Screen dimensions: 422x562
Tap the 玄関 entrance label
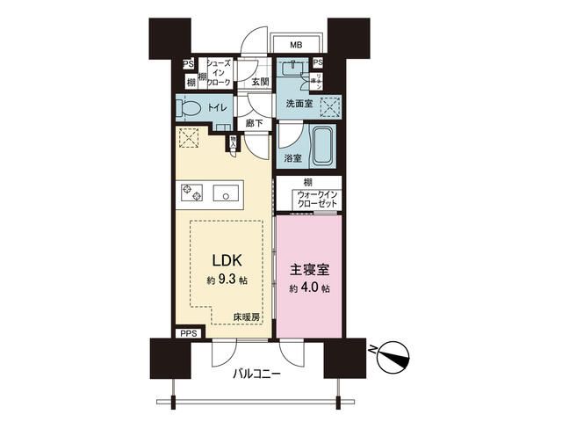click(260, 82)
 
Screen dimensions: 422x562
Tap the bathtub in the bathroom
click(321, 146)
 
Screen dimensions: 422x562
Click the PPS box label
click(189, 333)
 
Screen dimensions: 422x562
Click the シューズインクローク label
click(219, 73)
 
